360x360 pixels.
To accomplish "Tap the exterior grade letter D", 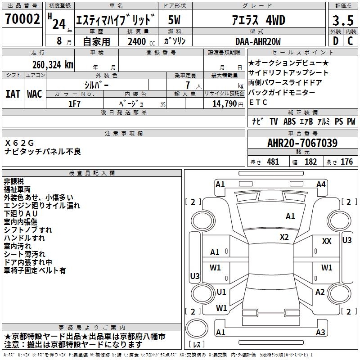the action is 335,41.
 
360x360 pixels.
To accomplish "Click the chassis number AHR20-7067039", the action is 302,144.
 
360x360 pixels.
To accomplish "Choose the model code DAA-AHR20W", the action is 258,41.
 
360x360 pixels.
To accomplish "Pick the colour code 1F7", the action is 74,103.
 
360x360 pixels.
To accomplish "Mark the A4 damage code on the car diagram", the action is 321,184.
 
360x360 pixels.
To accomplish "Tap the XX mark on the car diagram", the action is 327,241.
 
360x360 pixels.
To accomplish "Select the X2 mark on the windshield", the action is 284,237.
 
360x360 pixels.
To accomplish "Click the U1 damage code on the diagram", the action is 221,292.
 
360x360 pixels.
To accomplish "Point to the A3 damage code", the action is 320,333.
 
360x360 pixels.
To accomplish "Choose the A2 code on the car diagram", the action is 320,292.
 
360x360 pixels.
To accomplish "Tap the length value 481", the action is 273,162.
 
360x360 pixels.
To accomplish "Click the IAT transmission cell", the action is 13,94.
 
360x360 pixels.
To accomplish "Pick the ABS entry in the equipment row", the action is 289,121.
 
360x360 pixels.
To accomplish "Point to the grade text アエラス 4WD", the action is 257,20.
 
